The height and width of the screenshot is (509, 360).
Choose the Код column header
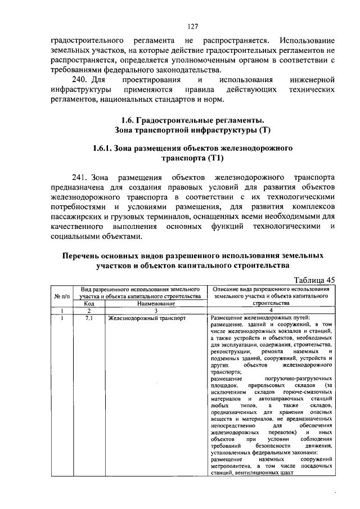click(88, 303)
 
